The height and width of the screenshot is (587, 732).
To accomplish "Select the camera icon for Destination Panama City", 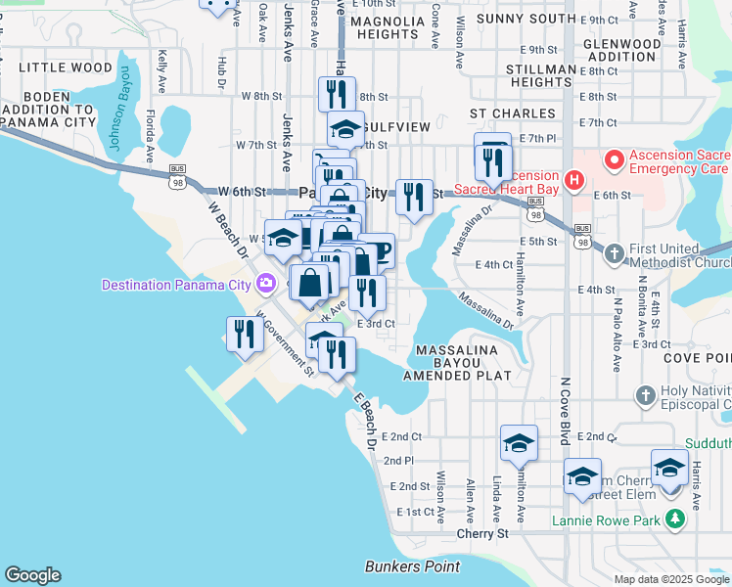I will coord(264,285).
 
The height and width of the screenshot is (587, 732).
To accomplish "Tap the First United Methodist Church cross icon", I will coord(613,252).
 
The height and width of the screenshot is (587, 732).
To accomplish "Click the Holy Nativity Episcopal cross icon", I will coord(644,395).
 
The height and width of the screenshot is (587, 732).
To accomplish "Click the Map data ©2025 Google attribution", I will coord(670,579).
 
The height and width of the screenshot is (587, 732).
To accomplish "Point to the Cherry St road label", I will coord(482,534).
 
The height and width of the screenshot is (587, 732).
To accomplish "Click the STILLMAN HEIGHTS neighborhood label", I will coord(542,76).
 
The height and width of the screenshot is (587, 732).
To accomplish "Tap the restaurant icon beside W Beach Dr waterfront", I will coord(242,334).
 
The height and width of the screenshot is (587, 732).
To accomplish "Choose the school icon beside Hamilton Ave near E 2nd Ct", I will coord(518,441).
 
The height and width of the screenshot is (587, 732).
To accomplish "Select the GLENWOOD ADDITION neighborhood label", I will coord(620,51).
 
